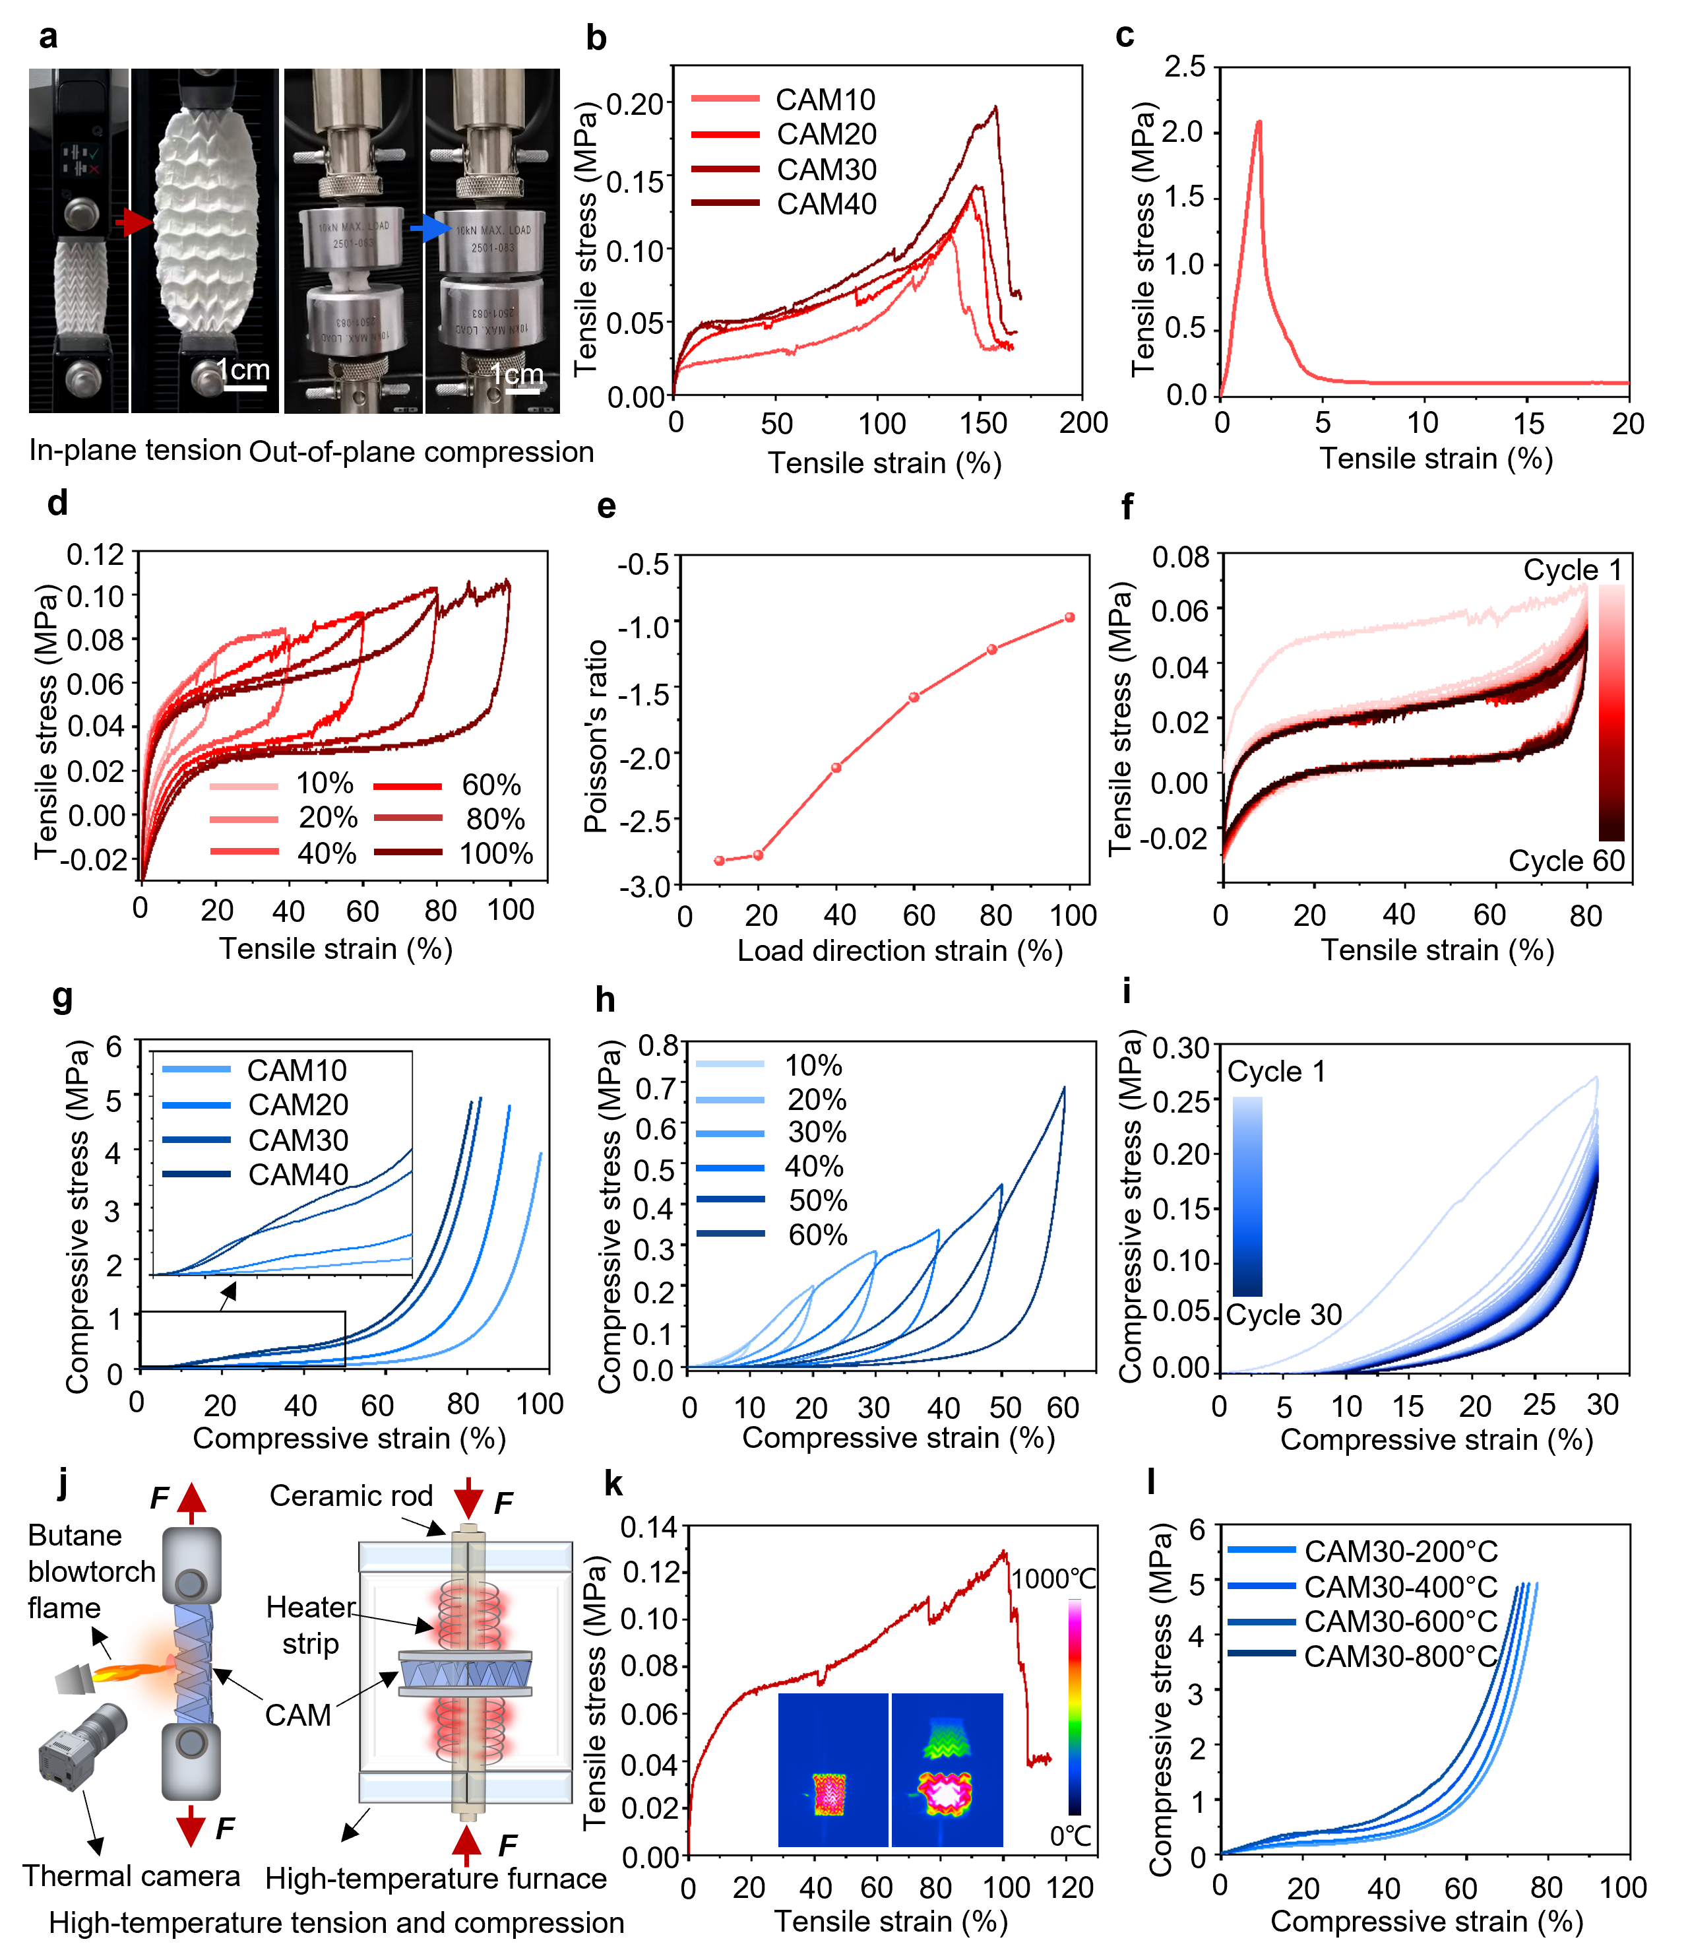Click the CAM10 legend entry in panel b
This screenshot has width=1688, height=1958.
click(825, 99)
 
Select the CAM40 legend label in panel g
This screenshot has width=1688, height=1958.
click(297, 1175)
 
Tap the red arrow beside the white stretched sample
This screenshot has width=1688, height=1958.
click(137, 223)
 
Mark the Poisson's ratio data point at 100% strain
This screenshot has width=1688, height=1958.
click(1069, 617)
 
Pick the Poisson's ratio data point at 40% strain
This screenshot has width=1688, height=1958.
click(836, 767)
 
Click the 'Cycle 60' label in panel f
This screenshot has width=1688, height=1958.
click(1566, 861)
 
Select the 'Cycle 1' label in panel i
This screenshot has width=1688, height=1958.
click(1276, 1072)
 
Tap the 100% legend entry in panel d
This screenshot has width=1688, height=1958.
click(496, 853)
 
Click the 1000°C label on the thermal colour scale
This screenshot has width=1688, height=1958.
click(1054, 1579)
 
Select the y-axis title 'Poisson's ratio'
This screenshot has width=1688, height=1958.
click(595, 736)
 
